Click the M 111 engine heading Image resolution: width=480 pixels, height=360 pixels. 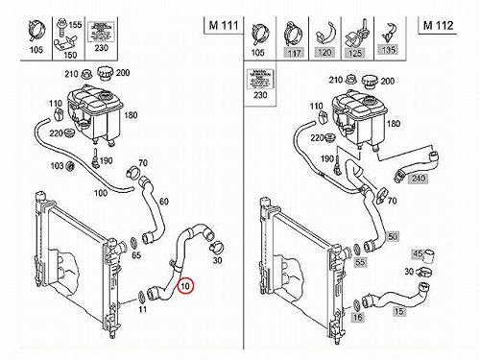point(224,25)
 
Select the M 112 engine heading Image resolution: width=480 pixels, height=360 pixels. point(438,25)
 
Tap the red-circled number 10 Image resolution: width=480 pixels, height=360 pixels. point(185,286)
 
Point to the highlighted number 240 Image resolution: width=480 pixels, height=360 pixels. point(419,178)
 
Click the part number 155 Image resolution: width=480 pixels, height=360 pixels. point(75,25)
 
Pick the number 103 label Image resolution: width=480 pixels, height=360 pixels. point(58,166)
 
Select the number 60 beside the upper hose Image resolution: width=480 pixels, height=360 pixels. point(163,202)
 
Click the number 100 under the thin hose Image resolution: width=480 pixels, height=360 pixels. point(101,193)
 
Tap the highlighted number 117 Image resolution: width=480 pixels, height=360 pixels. point(294,53)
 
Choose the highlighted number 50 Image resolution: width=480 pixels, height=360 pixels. point(393,236)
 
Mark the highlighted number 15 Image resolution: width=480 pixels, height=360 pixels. point(399,311)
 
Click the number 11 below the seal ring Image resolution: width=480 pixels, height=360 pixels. point(142,309)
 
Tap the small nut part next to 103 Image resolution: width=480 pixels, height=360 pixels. point(70,166)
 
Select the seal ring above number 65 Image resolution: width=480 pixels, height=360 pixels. point(133,243)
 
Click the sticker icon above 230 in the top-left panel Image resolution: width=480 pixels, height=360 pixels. point(101,32)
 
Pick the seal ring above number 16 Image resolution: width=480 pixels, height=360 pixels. point(357,305)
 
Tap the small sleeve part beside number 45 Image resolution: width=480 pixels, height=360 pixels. point(429,256)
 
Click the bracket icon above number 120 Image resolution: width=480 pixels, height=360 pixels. point(325,35)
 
